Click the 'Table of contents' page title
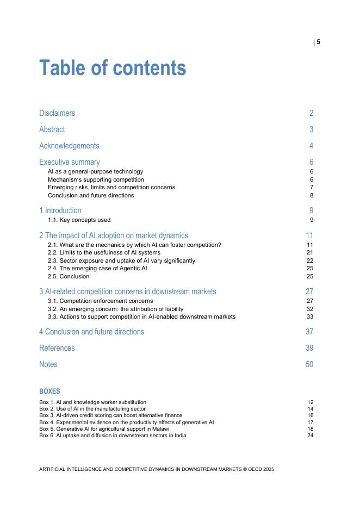click(x=113, y=69)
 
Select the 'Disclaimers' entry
click(x=57, y=113)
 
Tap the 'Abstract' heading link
click(x=52, y=129)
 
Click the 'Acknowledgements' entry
click(x=69, y=146)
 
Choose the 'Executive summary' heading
click(x=70, y=162)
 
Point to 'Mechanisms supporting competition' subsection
click(x=96, y=179)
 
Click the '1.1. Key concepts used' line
click(x=79, y=220)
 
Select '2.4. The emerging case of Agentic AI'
click(x=97, y=269)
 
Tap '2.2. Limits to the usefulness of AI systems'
click(x=104, y=253)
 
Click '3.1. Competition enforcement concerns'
click(x=100, y=301)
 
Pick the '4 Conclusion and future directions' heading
click(x=91, y=332)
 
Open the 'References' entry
click(x=57, y=348)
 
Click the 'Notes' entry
click(x=48, y=364)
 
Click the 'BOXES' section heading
click(x=49, y=392)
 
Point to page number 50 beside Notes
click(x=309, y=364)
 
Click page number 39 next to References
click(x=309, y=348)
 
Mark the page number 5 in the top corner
click(x=319, y=42)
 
